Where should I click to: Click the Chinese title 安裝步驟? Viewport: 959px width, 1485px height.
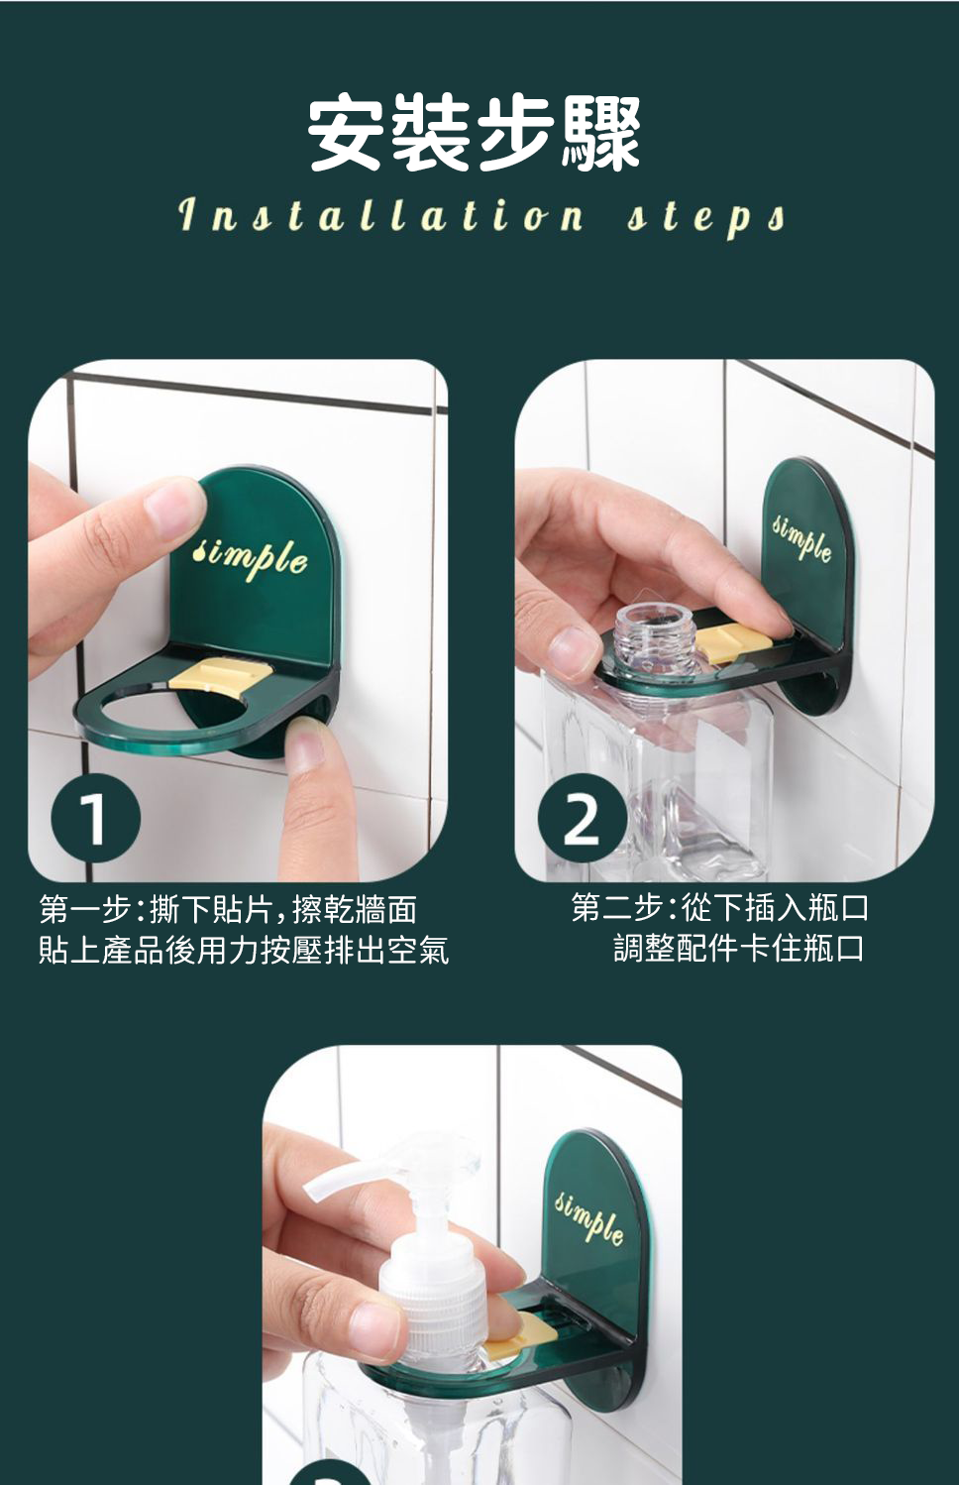pos(475,134)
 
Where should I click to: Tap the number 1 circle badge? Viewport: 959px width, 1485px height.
pos(95,819)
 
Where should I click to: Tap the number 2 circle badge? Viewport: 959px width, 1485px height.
pos(582,819)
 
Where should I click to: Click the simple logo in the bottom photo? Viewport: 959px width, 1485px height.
pos(590,1215)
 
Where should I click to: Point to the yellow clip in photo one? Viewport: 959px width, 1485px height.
pos(220,673)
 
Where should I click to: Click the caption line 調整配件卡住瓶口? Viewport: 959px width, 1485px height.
pos(739,949)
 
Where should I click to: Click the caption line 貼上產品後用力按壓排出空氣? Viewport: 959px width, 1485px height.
pos(244,951)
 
